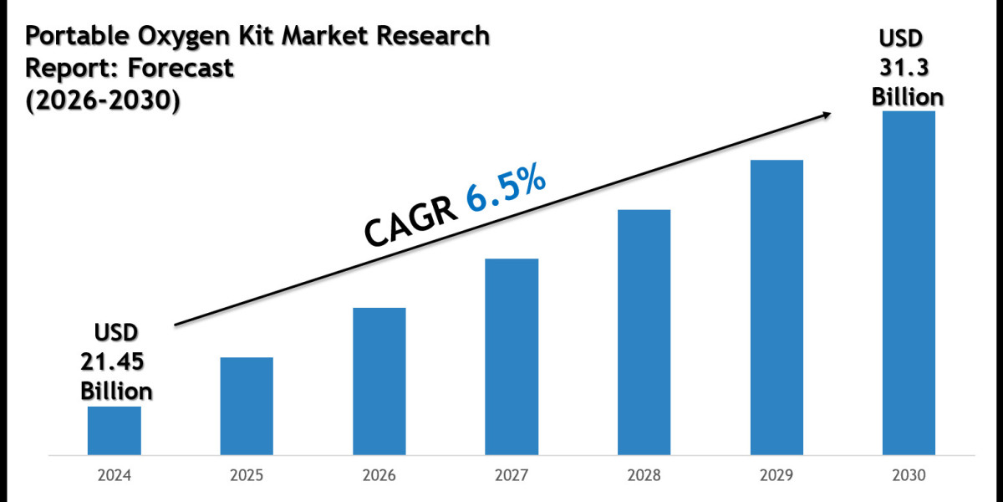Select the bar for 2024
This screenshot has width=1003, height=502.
click(114, 431)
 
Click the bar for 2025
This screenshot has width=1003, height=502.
click(247, 407)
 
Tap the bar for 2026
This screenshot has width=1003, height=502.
click(379, 382)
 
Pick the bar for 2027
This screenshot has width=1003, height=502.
click(512, 357)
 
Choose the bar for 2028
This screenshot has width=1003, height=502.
click(644, 332)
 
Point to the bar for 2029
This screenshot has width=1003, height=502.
click(776, 308)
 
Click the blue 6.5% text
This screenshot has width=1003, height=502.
click(507, 193)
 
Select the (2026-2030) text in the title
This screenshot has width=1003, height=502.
click(102, 100)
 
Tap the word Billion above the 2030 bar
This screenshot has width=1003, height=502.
click(908, 96)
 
